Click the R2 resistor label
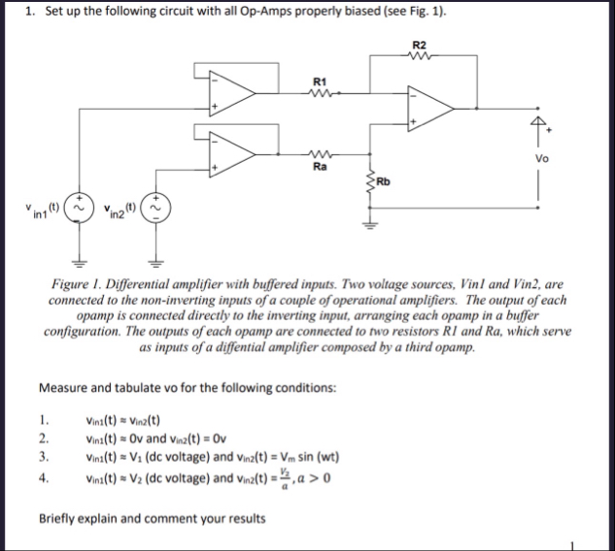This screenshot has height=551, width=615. point(419,46)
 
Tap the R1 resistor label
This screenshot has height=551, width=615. point(319,80)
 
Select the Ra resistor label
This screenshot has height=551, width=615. point(319,166)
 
